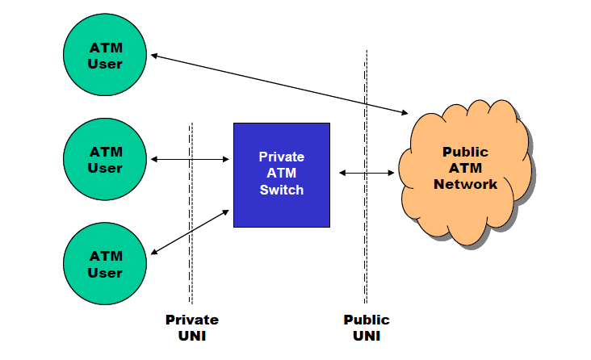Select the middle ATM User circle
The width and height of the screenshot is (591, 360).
click(x=105, y=160)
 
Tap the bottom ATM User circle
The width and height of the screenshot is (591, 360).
click(x=105, y=264)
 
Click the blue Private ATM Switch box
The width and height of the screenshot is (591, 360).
click(x=281, y=174)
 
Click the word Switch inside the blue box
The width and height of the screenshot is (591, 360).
click(x=281, y=190)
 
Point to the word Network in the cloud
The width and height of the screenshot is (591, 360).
click(x=465, y=183)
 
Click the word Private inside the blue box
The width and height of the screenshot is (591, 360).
click(x=281, y=157)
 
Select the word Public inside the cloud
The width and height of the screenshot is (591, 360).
click(x=465, y=151)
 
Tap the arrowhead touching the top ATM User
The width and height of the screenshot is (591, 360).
click(x=155, y=56)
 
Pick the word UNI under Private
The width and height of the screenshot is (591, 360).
click(x=191, y=335)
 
